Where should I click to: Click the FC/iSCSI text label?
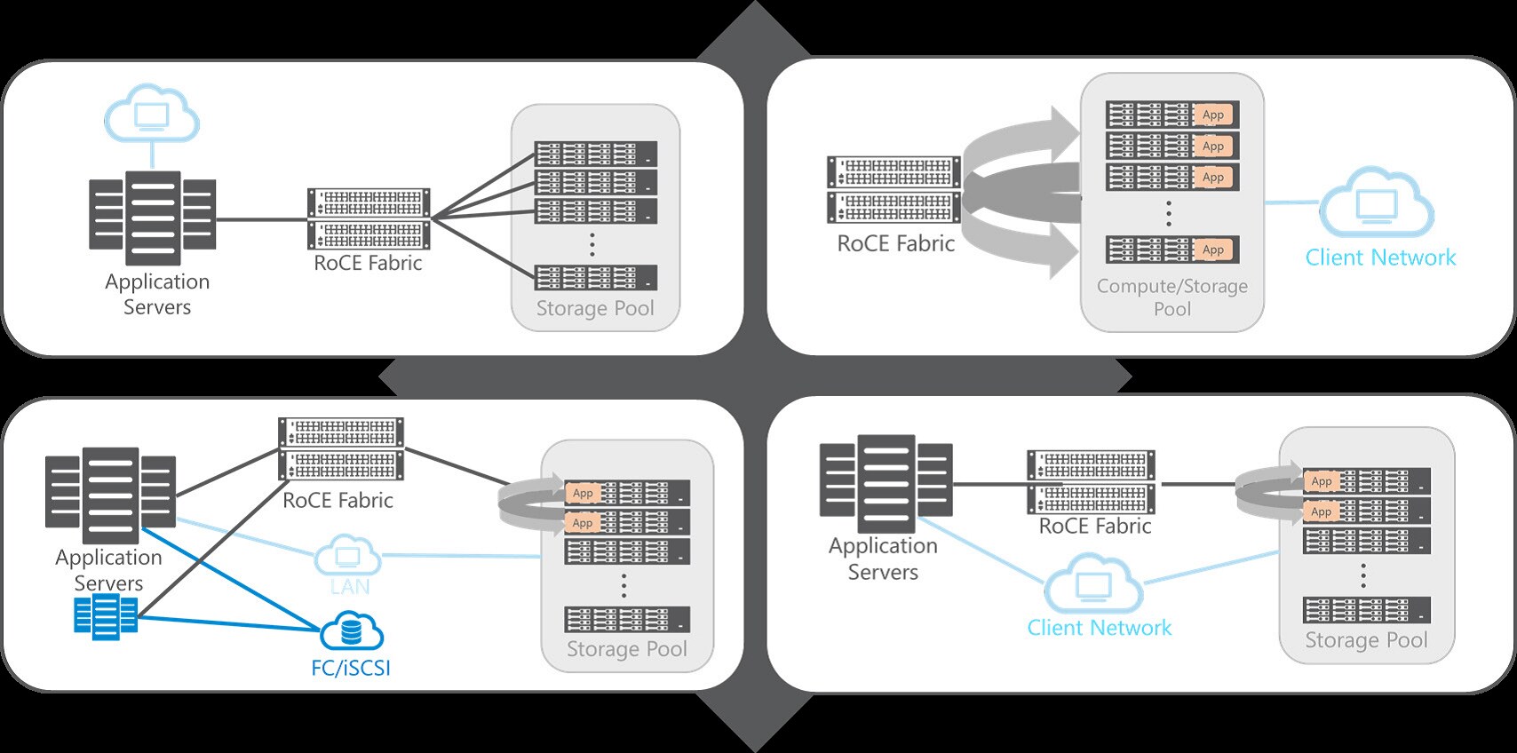click(x=351, y=668)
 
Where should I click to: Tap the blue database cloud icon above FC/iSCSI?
click(x=352, y=630)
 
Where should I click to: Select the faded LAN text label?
click(x=350, y=587)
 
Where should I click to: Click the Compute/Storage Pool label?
click(x=1172, y=297)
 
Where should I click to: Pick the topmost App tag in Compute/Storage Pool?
click(x=1212, y=115)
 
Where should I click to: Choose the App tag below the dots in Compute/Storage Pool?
click(x=1212, y=250)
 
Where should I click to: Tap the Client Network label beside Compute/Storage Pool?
click(x=1380, y=258)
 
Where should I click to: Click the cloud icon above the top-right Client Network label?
click(x=1376, y=204)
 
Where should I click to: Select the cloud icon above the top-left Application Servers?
click(x=152, y=115)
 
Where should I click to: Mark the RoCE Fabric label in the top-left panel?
click(x=368, y=263)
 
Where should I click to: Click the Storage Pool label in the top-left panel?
click(x=595, y=308)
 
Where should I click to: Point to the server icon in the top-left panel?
click(x=153, y=218)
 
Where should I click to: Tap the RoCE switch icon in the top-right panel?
click(x=894, y=190)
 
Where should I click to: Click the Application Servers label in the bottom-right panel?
click(x=883, y=559)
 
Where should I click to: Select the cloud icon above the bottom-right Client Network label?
click(x=1093, y=584)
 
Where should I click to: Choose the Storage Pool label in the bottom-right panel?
click(x=1366, y=640)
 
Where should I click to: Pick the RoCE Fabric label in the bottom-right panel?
click(x=1095, y=526)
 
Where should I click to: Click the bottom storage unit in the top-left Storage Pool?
click(x=595, y=277)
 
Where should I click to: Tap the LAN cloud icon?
click(x=347, y=557)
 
